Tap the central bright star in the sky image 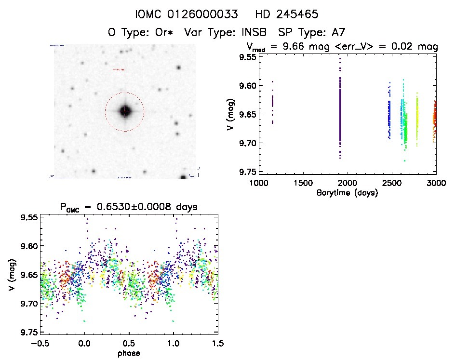(x=124, y=111)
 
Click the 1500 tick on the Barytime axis (x=303, y=183)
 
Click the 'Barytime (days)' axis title (x=347, y=193)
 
